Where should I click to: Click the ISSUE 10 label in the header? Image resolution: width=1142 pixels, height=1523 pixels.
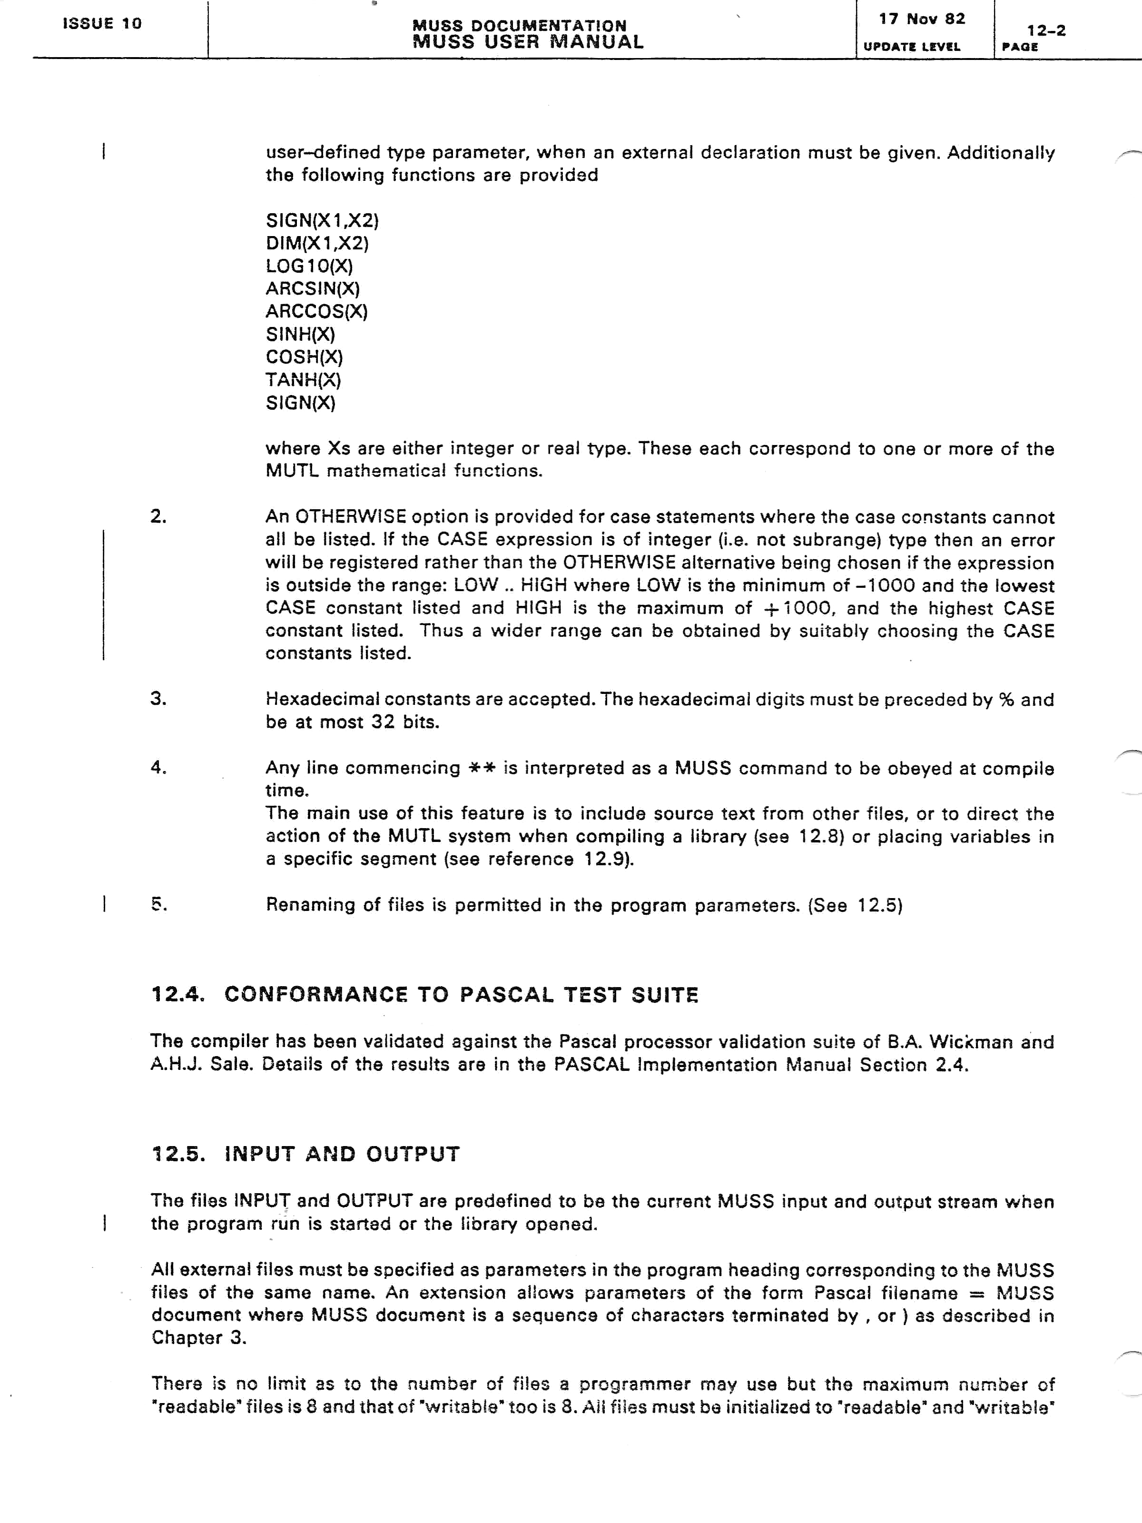click(x=102, y=23)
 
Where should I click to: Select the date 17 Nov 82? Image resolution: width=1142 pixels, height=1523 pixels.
click(x=922, y=20)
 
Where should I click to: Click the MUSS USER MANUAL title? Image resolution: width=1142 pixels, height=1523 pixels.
click(x=528, y=42)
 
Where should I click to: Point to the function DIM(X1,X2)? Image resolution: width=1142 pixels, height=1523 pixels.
click(x=317, y=243)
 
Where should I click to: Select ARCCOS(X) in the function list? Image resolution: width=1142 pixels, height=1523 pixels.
click(x=316, y=311)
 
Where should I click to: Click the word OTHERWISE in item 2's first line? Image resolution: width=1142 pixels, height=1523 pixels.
click(x=350, y=517)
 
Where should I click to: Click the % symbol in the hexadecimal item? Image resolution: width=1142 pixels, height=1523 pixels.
click(x=1006, y=700)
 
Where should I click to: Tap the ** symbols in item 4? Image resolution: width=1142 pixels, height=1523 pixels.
click(x=482, y=768)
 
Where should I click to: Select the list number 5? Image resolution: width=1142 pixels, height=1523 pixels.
click(x=159, y=905)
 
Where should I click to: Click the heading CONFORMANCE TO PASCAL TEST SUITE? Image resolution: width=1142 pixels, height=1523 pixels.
click(x=461, y=995)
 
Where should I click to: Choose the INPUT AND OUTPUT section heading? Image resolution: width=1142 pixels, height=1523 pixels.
click(x=342, y=1154)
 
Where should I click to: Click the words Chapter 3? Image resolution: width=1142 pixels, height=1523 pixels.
click(x=199, y=1338)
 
